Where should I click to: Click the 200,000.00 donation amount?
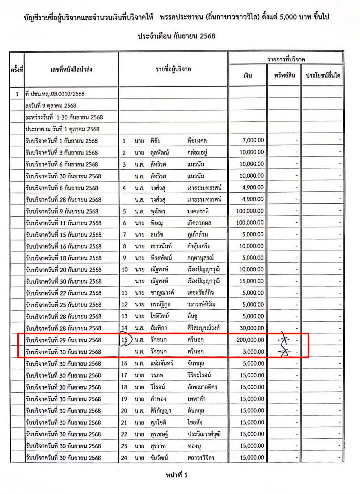click(250, 340)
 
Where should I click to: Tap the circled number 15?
click(125, 340)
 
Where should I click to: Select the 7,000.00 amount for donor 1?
click(253, 140)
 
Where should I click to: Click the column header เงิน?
click(248, 76)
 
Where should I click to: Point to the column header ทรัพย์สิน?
click(284, 76)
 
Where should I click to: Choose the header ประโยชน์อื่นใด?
click(323, 76)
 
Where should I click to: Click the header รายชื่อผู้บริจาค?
click(173, 69)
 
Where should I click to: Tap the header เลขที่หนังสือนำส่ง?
click(71, 70)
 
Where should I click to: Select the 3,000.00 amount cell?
click(253, 352)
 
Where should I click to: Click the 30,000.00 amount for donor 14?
click(252, 328)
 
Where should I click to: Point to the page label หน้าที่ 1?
click(177, 475)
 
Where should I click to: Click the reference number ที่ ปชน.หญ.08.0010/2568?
click(55, 94)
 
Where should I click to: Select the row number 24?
click(124, 458)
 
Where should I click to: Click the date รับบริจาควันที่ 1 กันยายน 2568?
click(62, 141)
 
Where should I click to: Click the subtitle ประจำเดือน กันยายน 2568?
click(176, 36)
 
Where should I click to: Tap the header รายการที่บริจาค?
click(286, 59)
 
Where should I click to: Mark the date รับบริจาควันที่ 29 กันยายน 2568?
click(63, 340)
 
